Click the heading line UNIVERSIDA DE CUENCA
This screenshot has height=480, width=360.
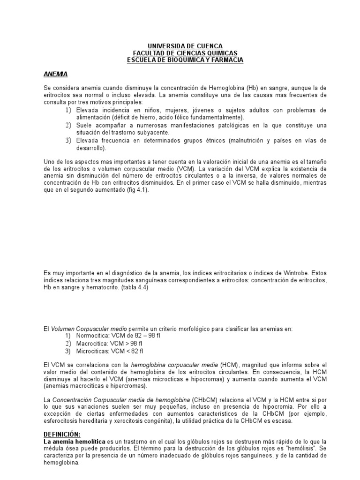pos(186,46)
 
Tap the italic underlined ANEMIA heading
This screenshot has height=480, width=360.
pos(55,74)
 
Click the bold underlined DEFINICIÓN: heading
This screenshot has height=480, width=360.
pos(61,435)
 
